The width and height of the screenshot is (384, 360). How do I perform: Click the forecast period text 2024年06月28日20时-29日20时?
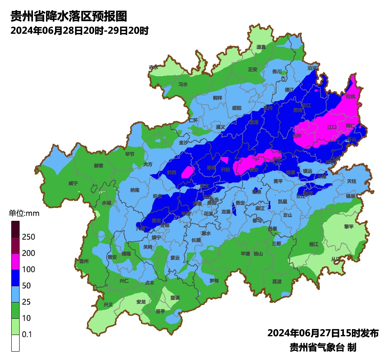(x=80, y=31)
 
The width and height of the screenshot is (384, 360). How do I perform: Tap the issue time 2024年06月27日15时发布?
(x=323, y=333)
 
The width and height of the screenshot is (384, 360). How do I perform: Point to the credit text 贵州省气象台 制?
(x=323, y=347)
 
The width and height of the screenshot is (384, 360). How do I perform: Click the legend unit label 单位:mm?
(x=24, y=214)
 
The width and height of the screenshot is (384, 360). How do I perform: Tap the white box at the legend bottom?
(x=15, y=343)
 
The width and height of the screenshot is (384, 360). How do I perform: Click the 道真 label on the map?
(x=261, y=47)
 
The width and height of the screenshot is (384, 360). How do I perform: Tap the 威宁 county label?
(x=73, y=183)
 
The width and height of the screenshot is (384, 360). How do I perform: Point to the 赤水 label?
(x=153, y=67)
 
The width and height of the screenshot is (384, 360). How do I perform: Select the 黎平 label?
(x=337, y=226)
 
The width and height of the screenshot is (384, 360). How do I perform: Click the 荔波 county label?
(x=277, y=281)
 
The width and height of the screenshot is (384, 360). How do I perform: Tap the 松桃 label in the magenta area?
(x=350, y=96)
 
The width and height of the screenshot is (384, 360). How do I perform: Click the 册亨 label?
(x=160, y=311)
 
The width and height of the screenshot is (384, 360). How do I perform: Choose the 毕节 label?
(x=130, y=154)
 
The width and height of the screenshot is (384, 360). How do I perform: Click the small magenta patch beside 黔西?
(x=188, y=172)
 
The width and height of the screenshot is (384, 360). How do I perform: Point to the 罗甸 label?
(x=214, y=280)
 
